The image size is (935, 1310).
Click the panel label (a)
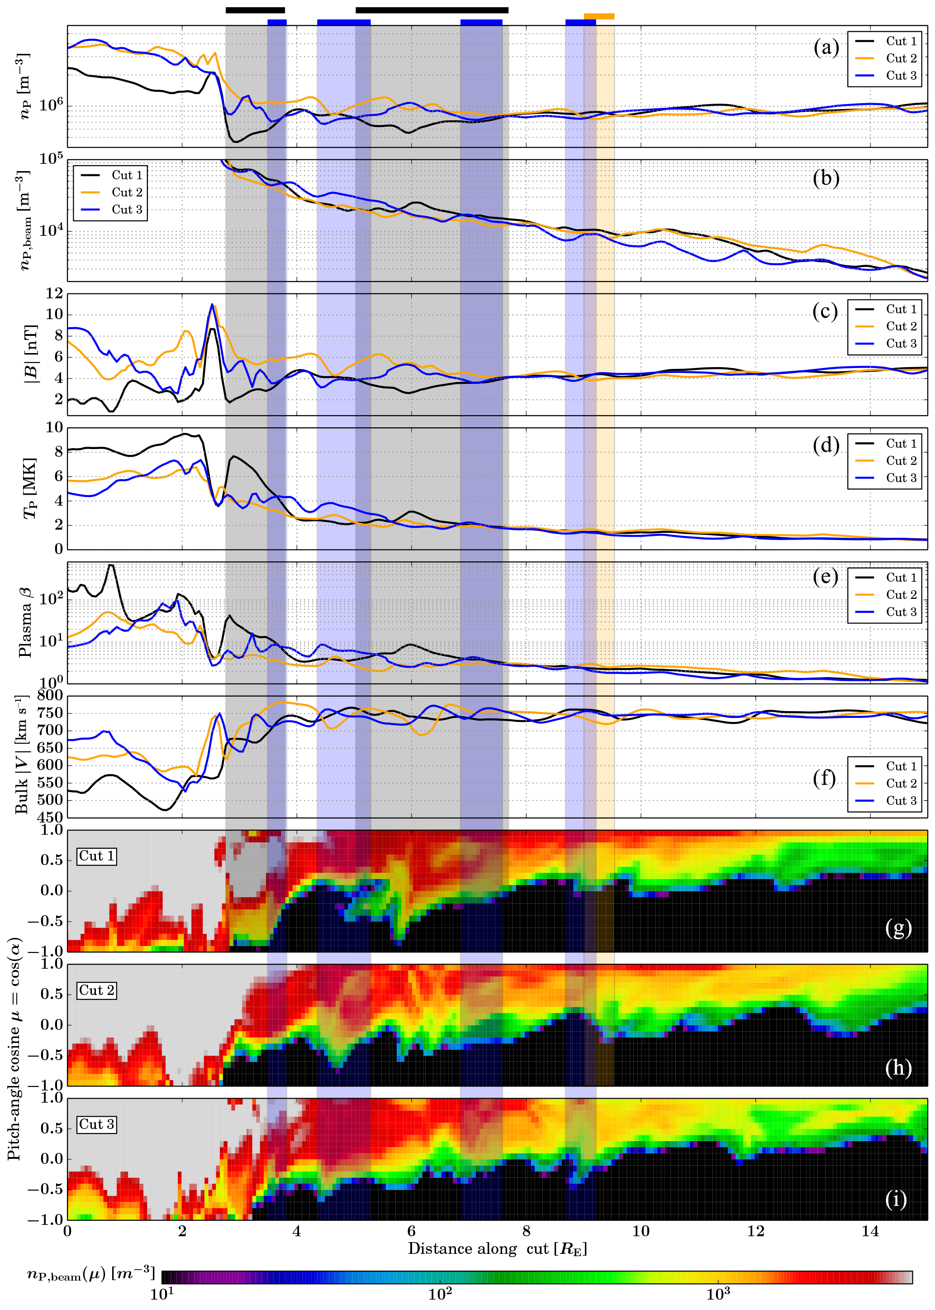point(826,48)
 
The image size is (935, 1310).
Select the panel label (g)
point(898,928)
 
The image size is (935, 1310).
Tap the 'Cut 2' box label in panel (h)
point(97,990)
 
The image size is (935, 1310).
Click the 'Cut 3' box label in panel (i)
point(97,1124)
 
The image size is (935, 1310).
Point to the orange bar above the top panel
point(599,16)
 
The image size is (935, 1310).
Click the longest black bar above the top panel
point(432,10)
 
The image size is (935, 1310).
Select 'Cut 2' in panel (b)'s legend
point(127,192)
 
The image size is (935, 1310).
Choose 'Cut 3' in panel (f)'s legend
point(901,800)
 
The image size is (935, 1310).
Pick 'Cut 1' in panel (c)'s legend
point(901,309)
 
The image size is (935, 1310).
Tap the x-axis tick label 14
point(870,1232)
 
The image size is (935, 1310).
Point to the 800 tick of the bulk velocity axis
point(50,695)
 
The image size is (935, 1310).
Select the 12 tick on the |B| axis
point(54,293)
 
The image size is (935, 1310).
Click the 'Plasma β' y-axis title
point(25,623)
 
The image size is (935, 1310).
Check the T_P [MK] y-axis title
point(29,488)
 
